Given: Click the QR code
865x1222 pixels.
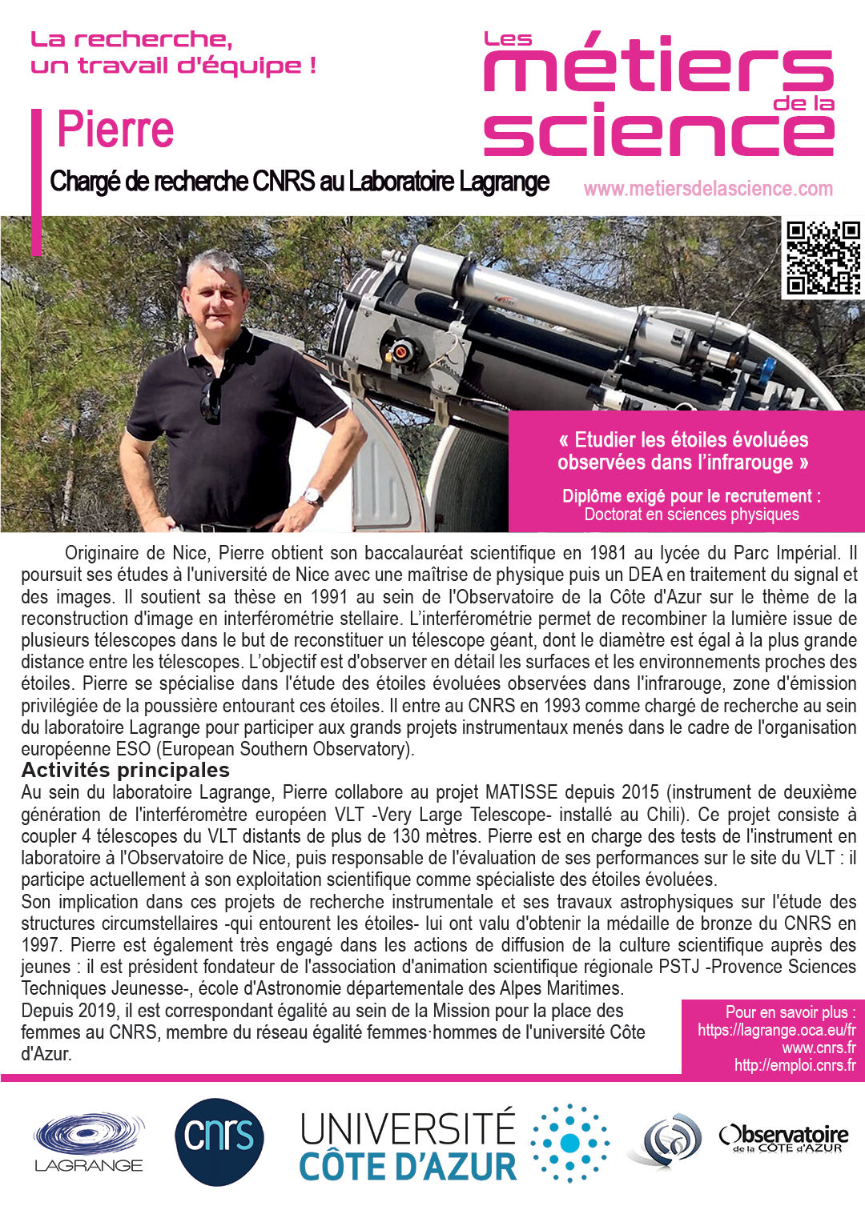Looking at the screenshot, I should click(823, 258).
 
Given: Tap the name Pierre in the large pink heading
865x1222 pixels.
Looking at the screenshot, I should click(115, 130).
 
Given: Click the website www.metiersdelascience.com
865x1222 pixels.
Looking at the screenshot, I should click(708, 189).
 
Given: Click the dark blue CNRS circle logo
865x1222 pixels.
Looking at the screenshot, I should click(219, 1140).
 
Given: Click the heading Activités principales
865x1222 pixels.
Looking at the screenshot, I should click(126, 770).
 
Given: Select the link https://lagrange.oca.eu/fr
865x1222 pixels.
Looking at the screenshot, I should click(776, 1030).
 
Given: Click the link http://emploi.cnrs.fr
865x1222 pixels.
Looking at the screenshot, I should click(795, 1065).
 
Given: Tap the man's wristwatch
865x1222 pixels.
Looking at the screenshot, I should click(314, 497).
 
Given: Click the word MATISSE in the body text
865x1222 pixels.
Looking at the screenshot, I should click(521, 792).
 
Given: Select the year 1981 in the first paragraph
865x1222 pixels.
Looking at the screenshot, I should click(607, 553).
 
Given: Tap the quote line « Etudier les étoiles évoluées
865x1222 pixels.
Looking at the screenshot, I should click(683, 439).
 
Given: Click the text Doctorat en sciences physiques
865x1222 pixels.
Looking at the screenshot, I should click(691, 515).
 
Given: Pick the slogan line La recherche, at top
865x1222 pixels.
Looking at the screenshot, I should click(131, 39).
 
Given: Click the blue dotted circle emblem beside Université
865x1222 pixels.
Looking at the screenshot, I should click(569, 1143).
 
